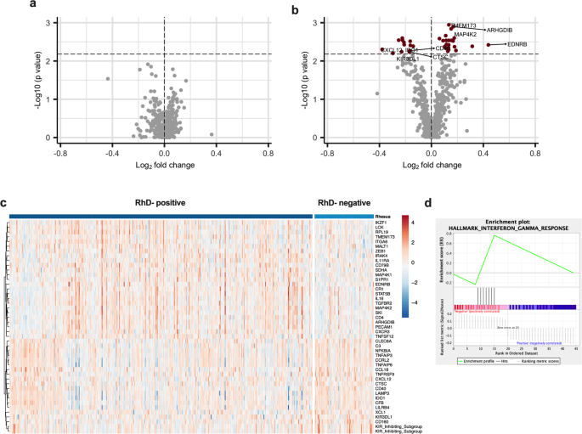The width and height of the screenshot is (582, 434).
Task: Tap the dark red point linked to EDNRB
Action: [x=489, y=44]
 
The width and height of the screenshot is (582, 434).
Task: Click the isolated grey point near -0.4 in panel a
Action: [x=108, y=79]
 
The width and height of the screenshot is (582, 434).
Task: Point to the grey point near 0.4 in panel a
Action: [x=212, y=133]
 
